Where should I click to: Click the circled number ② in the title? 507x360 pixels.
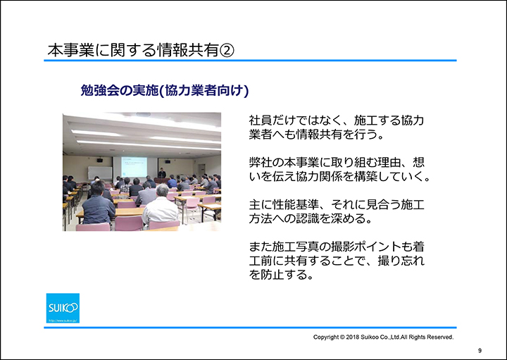click(x=226, y=50)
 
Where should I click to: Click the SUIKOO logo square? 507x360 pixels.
click(x=63, y=308)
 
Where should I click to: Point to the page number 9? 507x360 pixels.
click(x=480, y=351)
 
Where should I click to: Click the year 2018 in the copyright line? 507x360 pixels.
click(x=353, y=337)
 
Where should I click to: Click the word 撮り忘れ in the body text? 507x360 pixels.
click(x=401, y=261)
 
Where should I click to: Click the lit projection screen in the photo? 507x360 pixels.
click(x=134, y=166)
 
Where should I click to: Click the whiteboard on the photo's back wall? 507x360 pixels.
click(x=100, y=173)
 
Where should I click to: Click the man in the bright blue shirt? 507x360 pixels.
click(x=172, y=182)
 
